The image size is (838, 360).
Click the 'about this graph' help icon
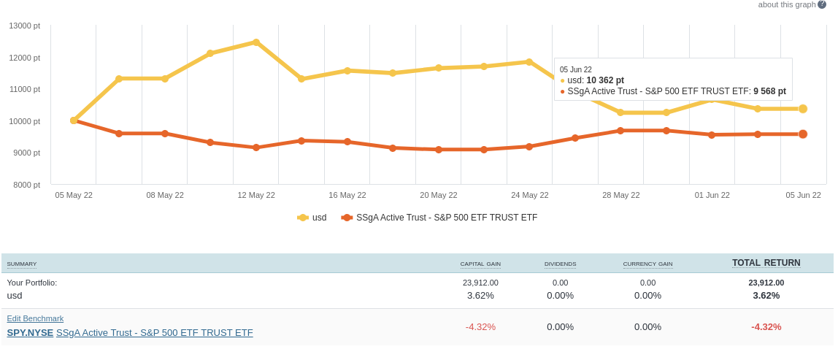click(x=822, y=4)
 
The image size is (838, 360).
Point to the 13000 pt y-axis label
click(x=25, y=26)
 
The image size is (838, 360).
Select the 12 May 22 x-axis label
click(x=256, y=195)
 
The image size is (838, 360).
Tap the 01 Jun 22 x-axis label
click(x=712, y=195)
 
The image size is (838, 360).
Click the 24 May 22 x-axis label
click(x=529, y=195)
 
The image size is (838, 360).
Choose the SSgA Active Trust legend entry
click(x=446, y=218)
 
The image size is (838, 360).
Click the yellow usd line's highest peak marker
click(x=256, y=42)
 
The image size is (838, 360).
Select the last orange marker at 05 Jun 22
click(x=803, y=134)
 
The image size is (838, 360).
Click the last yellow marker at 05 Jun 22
click(x=803, y=109)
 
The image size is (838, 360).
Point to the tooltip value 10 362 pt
click(x=605, y=80)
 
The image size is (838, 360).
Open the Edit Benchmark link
click(x=35, y=318)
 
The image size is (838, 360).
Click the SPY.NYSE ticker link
click(x=30, y=333)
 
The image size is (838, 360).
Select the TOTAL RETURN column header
click(x=766, y=263)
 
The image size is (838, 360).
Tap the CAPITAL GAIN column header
click(x=480, y=264)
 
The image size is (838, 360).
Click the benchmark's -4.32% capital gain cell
click(x=480, y=327)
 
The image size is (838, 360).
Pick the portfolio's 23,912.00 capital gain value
click(x=480, y=283)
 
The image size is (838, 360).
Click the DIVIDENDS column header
click(x=560, y=264)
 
